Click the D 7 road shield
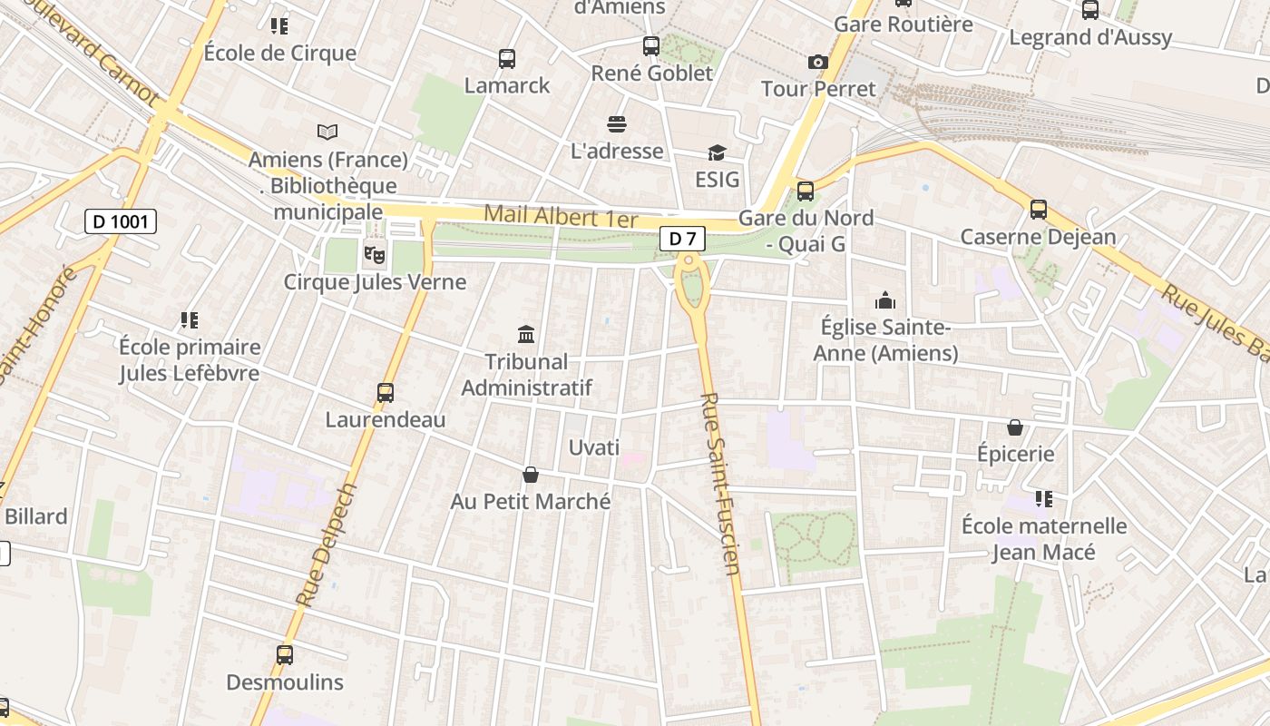[682, 239]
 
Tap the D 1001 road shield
[121, 221]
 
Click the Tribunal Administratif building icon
[526, 334]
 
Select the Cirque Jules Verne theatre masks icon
[374, 254]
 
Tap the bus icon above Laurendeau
[386, 393]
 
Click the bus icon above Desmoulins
[285, 654]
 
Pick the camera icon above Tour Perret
[818, 62]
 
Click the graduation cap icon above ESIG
[717, 152]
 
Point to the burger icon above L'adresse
[617, 123]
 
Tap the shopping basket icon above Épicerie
[1015, 427]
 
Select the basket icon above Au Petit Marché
[531, 475]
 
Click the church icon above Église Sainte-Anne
[884, 299]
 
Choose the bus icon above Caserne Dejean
[1039, 210]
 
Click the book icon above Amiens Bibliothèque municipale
[327, 132]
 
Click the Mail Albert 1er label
[561, 217]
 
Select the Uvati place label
[594, 447]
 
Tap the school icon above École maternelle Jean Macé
[1044, 498]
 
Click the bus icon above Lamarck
[507, 59]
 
